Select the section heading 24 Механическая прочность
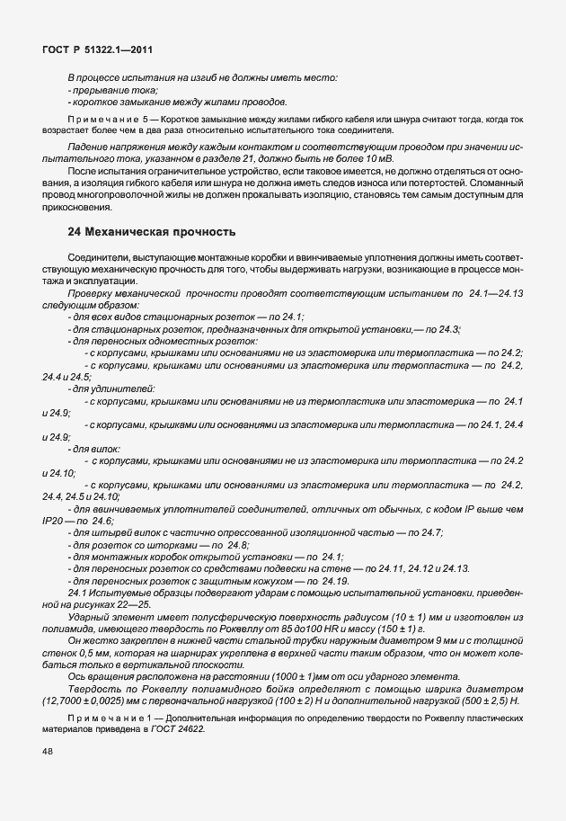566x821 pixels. tap(152, 232)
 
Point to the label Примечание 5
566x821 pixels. tap(107, 119)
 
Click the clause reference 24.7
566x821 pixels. tap(430, 532)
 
